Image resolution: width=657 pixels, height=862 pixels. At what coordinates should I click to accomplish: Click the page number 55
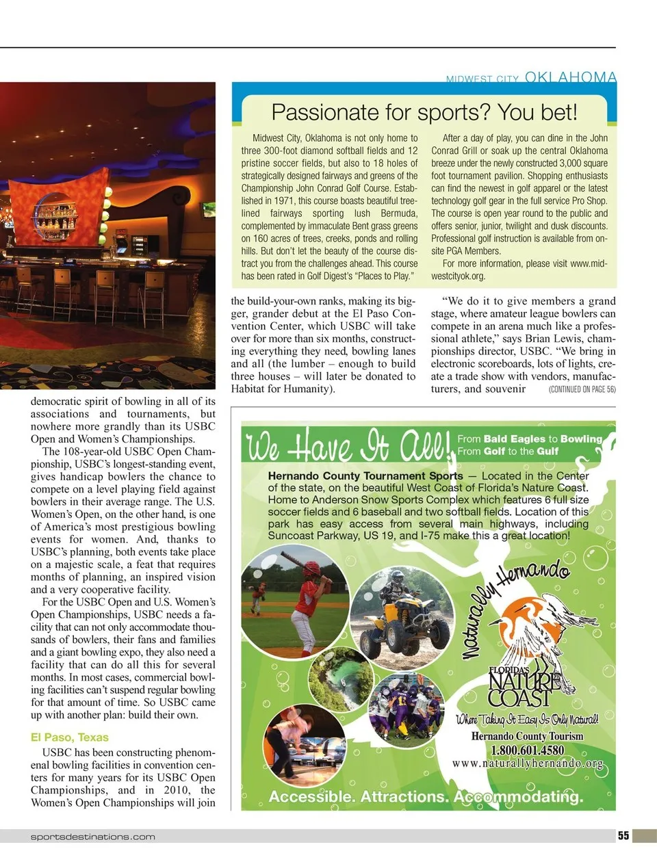coord(623,835)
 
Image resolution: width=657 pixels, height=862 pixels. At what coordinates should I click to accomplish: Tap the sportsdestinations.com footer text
coord(92,837)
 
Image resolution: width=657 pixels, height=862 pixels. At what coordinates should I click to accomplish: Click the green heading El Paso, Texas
coord(70,737)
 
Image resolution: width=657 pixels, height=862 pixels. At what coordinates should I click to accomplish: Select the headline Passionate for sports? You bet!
coord(424,112)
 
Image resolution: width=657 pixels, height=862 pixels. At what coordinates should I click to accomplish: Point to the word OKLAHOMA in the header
coord(571,77)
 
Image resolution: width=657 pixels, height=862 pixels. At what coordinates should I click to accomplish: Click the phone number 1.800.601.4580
coord(527,750)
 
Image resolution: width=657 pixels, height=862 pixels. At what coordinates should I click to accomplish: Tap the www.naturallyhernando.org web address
coord(527,763)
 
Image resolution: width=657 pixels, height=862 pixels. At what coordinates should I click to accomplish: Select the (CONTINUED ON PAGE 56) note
coord(582,389)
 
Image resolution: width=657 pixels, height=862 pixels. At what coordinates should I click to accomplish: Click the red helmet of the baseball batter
coord(312,569)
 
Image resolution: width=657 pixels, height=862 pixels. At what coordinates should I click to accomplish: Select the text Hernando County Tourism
coord(527,737)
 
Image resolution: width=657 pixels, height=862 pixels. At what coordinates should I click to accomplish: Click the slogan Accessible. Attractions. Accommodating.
coord(426,797)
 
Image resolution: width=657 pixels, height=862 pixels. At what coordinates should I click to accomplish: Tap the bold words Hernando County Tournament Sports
coord(365,476)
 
